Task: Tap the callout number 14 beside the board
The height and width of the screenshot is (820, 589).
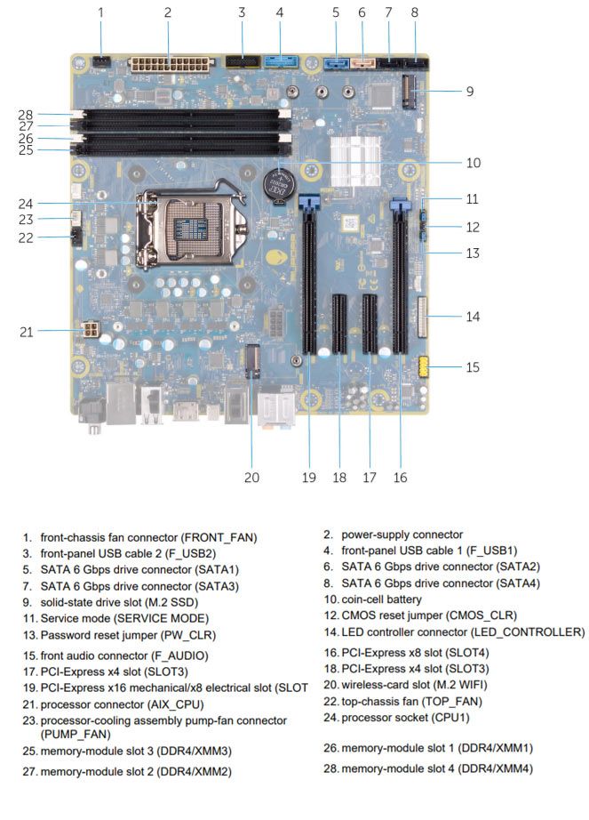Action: [x=473, y=317]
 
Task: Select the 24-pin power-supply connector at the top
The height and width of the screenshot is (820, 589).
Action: [x=171, y=66]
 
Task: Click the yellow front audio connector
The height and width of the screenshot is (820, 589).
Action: [x=424, y=366]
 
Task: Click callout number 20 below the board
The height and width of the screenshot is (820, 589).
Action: [x=251, y=478]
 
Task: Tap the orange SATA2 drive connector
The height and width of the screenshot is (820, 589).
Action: [x=362, y=65]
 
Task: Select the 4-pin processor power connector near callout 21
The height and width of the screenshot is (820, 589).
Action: [x=92, y=330]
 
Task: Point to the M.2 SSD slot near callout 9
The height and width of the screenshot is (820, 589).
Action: [x=410, y=91]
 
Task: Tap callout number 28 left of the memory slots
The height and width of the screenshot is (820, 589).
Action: [x=25, y=115]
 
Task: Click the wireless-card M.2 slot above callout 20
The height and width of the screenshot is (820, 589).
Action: [x=253, y=361]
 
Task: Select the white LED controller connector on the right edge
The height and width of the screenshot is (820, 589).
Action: [x=422, y=317]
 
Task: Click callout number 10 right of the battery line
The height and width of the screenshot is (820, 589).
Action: [x=474, y=163]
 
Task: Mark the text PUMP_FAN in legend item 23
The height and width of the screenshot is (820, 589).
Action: [x=76, y=735]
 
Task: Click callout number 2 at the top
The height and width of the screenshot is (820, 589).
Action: [x=168, y=12]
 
